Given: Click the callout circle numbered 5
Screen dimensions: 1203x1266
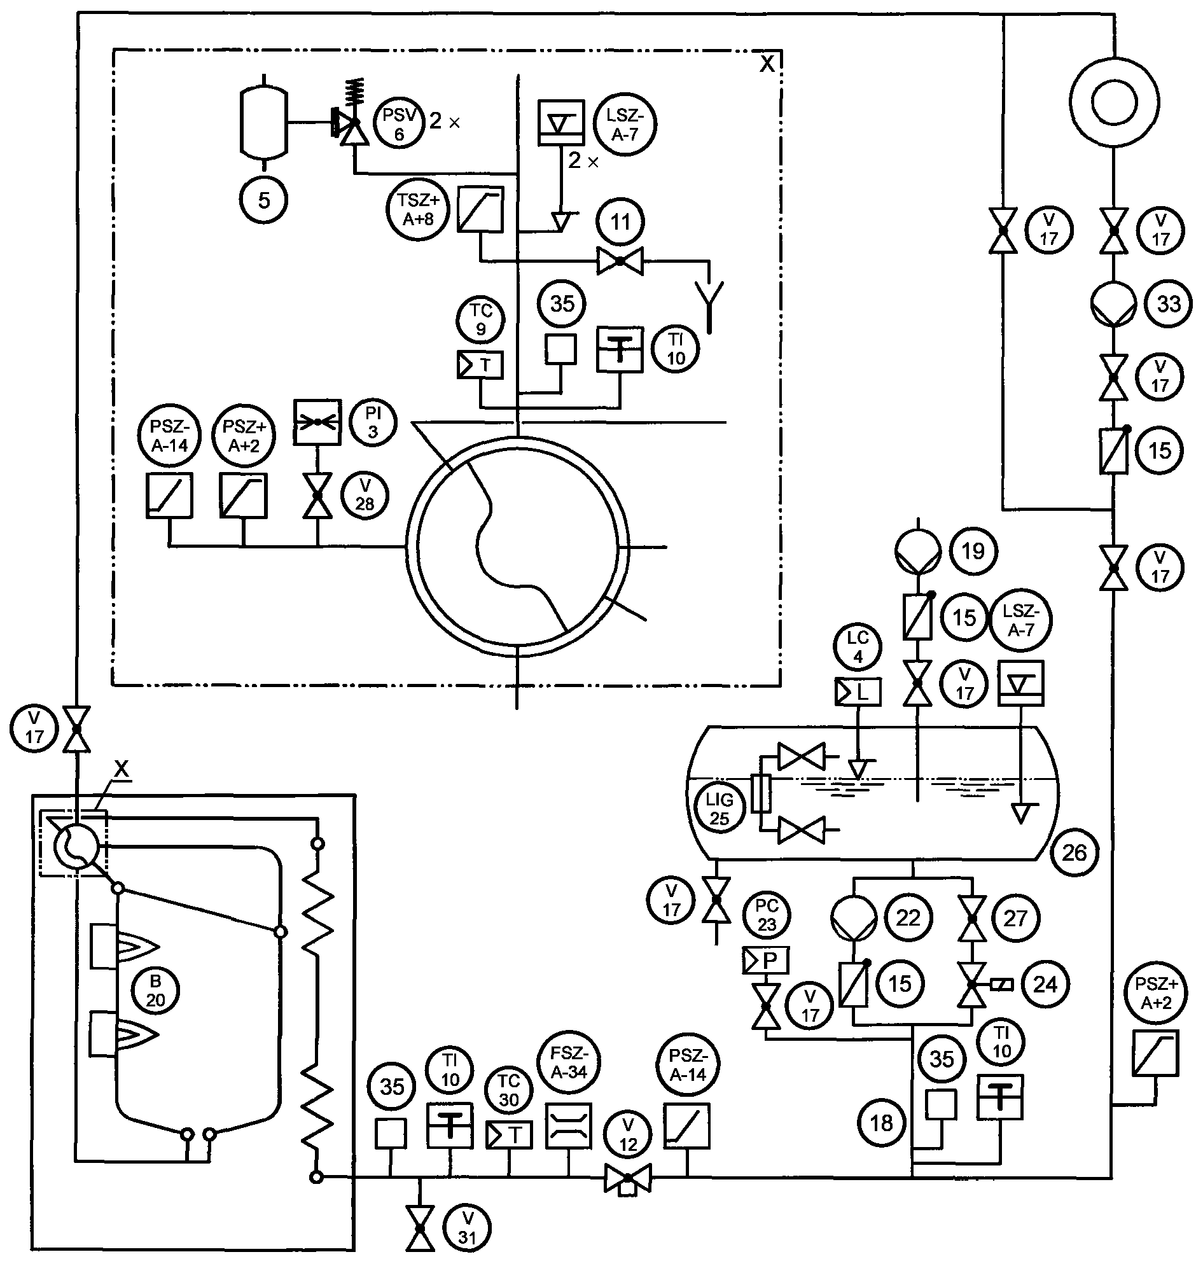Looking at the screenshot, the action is click(x=263, y=201).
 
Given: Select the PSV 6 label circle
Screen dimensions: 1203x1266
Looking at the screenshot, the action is click(x=400, y=125).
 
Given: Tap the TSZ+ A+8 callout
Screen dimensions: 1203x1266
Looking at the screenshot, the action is click(x=419, y=210).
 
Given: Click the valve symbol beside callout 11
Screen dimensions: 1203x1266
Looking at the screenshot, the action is click(x=620, y=261).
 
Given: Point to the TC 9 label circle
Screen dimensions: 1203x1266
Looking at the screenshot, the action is click(x=481, y=319).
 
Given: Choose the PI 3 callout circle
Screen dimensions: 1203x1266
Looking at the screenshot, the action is click(x=373, y=422).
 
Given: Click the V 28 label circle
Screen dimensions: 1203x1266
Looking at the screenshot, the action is click(x=365, y=495).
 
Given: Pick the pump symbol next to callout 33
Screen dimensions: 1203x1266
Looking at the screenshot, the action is click(x=1114, y=305).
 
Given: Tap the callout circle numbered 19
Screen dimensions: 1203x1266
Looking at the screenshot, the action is click(x=973, y=551).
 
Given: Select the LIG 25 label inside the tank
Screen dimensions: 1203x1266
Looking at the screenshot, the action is click(x=720, y=809).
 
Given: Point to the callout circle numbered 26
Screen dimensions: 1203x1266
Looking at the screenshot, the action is click(x=1074, y=852).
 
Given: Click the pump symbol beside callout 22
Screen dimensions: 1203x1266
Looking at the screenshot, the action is click(x=854, y=918).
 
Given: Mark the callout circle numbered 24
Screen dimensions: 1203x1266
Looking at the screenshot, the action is click(x=1045, y=984).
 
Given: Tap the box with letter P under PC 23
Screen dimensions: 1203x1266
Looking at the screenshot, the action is click(x=766, y=960).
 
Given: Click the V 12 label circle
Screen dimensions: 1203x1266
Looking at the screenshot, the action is click(x=628, y=1134).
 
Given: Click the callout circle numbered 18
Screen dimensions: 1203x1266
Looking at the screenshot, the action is click(x=882, y=1123).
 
